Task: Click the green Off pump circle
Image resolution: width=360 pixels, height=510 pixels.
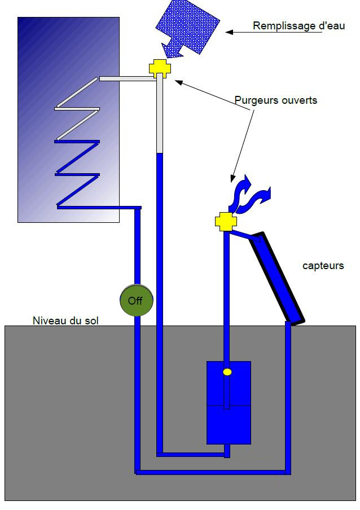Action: [136, 300]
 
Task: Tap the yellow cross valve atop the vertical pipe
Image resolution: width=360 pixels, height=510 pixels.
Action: [160, 68]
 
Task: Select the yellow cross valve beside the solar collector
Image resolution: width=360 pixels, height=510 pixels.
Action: [226, 222]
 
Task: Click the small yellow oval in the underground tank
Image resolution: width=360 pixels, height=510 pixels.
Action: [227, 372]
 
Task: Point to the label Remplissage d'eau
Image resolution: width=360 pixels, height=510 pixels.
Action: [298, 26]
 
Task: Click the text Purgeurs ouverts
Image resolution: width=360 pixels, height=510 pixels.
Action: [276, 100]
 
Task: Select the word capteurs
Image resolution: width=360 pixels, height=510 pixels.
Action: [323, 265]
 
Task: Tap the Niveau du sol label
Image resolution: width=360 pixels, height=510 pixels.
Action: [65, 320]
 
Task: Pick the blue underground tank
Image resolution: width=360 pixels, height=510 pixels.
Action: [229, 403]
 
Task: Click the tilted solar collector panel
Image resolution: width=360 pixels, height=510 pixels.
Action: [277, 278]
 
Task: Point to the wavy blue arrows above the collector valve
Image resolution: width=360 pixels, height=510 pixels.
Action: [250, 195]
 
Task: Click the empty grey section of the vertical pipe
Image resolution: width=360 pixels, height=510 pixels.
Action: [159, 113]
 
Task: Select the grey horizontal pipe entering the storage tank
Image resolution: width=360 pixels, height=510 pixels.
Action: [128, 78]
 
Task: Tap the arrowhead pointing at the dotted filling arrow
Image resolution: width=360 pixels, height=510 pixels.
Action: [229, 32]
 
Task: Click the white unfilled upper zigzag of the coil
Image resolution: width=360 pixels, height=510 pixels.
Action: [77, 109]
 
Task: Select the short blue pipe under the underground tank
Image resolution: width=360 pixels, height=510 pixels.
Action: [227, 451]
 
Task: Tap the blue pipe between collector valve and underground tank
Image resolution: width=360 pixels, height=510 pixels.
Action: [226, 296]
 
